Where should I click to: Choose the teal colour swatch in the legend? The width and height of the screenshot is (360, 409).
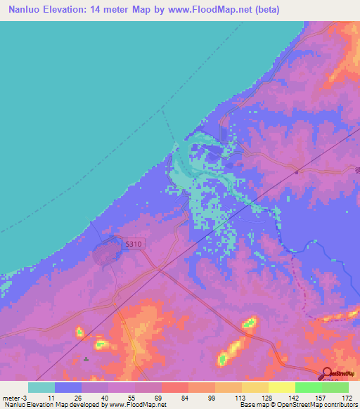pos(41,387)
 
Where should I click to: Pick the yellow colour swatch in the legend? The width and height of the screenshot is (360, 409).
pos(281,387)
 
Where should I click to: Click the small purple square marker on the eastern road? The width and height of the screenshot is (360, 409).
pos(297,171)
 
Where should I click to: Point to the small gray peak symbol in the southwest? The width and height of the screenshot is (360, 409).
pos(86,359)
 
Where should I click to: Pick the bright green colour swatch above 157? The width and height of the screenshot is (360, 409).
pos(308,387)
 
